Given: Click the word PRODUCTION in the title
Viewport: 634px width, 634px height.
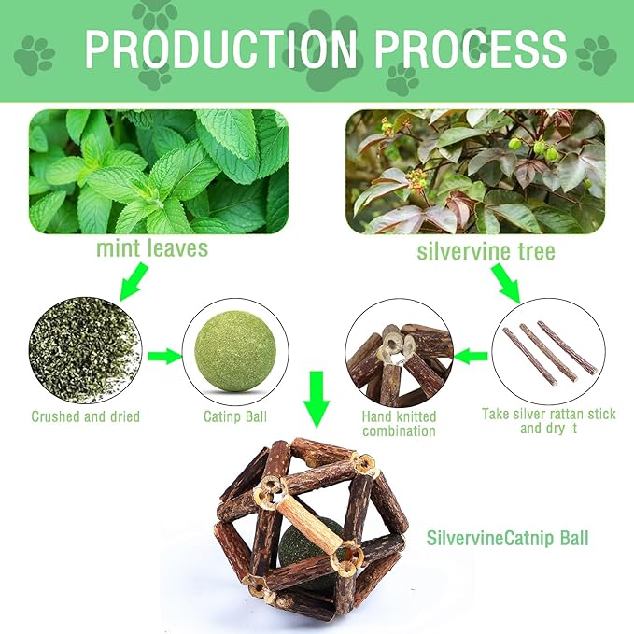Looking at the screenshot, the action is (220, 49).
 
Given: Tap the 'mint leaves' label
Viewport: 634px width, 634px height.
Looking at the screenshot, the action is (152, 248).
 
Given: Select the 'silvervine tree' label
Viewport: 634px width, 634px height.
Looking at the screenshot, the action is (486, 251).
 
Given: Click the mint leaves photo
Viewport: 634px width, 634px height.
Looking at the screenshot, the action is (159, 172).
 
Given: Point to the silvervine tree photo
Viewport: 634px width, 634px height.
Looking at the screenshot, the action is (475, 172).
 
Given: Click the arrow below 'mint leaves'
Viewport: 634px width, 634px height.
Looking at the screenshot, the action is (134, 282).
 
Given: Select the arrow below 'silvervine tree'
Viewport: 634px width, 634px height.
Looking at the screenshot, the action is (506, 283).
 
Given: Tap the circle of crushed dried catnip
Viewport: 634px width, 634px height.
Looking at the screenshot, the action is (85, 351).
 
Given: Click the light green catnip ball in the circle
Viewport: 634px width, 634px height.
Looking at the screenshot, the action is (235, 351).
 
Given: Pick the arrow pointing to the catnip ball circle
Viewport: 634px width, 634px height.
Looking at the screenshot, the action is (165, 357).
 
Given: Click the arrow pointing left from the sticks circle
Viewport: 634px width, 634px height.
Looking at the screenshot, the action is (471, 357).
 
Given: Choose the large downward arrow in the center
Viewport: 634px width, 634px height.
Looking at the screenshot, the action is (317, 400).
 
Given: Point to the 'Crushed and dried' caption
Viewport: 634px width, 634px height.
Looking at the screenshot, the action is (85, 416).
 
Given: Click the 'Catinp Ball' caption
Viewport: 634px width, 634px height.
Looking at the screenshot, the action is (235, 416).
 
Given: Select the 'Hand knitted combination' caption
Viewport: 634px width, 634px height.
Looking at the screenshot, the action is (399, 423).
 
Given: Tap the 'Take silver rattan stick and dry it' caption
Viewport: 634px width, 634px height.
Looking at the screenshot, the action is (549, 421).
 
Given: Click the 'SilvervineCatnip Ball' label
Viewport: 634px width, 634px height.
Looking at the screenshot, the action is (508, 538).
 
